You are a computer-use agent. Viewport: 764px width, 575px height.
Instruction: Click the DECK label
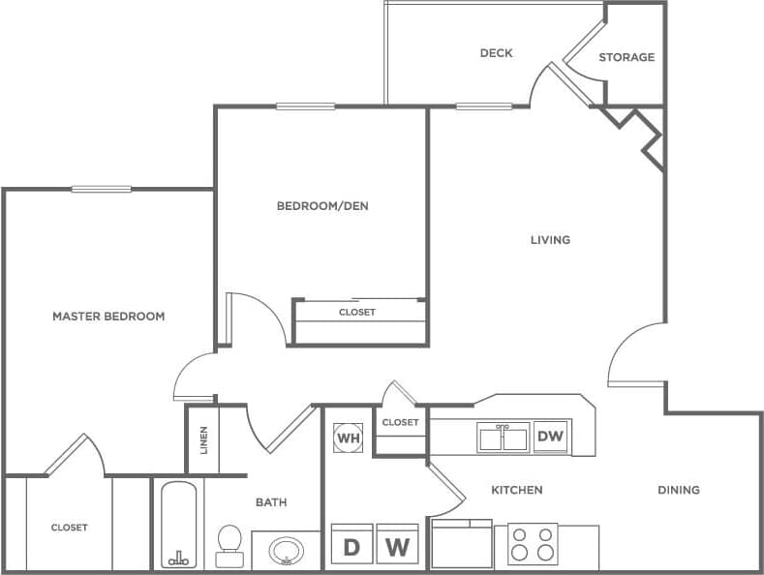point(496,53)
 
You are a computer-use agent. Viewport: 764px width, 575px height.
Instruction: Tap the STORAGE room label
point(626,57)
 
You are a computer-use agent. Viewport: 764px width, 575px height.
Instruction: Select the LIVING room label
point(550,239)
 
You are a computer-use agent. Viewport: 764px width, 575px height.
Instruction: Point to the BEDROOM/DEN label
point(322,205)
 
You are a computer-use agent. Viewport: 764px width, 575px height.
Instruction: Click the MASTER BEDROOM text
point(108,316)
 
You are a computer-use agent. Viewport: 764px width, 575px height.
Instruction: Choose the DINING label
point(678,490)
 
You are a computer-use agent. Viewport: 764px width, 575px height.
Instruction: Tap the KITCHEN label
point(516,490)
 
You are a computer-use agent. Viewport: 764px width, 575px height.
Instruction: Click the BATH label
point(271,501)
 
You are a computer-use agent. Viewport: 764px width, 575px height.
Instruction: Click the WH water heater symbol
point(348,438)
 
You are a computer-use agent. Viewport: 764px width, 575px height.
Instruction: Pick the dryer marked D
point(351,546)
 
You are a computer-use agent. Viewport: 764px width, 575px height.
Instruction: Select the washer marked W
point(396,546)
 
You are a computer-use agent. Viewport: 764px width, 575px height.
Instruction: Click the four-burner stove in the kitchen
point(533,544)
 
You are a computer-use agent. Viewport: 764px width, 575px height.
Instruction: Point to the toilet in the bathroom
point(229,545)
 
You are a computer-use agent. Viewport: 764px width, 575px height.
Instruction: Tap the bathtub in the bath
point(178,525)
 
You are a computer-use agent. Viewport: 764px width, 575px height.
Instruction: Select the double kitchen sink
point(503,438)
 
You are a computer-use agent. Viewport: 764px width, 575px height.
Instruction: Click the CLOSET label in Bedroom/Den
point(356,312)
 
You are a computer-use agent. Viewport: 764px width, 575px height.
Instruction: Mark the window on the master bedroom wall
point(101,189)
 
